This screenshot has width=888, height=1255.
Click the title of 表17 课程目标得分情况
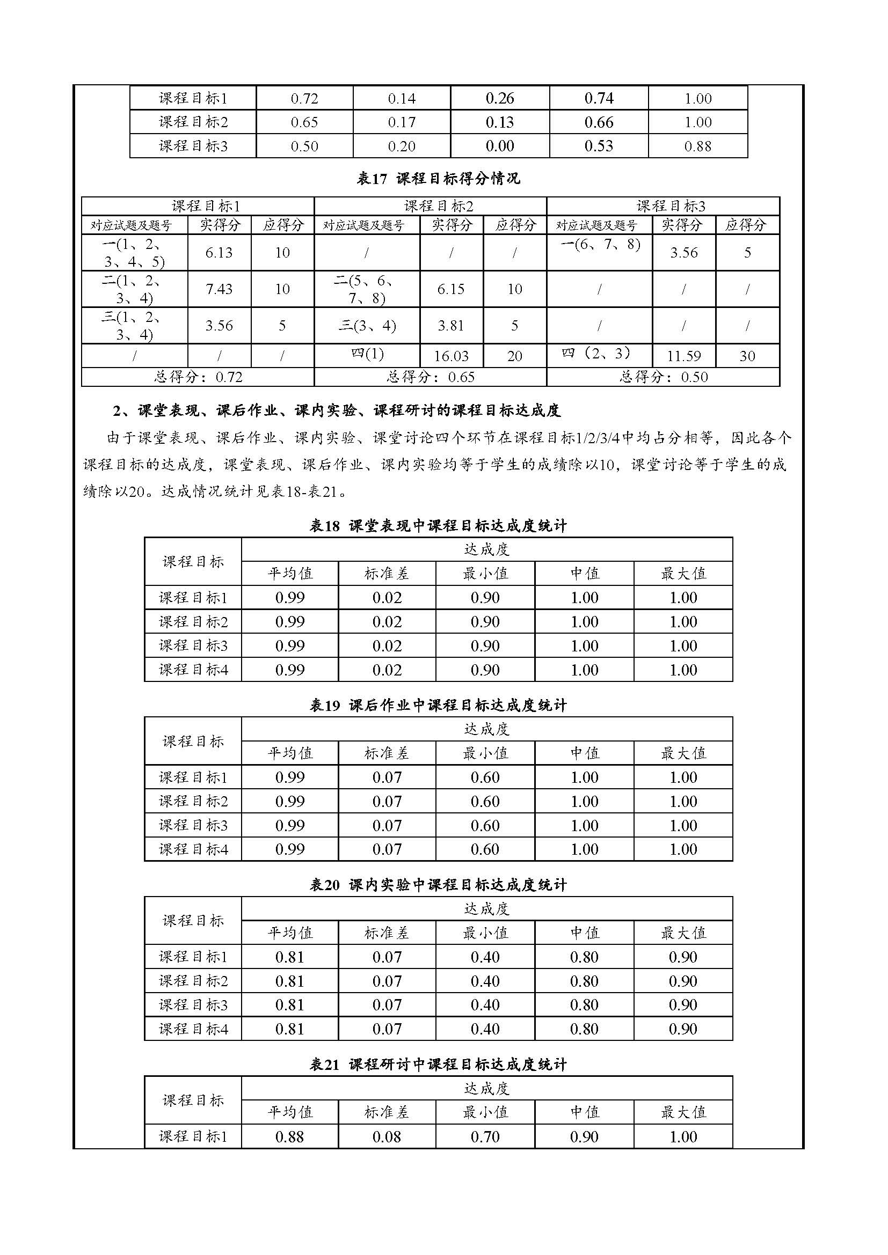[x=439, y=178]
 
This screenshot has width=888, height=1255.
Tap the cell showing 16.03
[x=451, y=356]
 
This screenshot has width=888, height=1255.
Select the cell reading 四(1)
[x=367, y=354]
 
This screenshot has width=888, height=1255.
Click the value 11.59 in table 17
[x=683, y=356]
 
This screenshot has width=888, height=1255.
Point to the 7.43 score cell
[x=219, y=289]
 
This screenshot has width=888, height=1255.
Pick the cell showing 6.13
[x=219, y=253]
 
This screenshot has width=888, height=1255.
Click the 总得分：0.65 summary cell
[x=431, y=377]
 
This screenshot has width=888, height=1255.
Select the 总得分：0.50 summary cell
[x=663, y=377]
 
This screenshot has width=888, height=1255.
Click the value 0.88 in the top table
[x=698, y=146]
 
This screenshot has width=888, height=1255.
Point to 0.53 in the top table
[x=599, y=146]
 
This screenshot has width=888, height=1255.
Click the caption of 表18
[x=439, y=526]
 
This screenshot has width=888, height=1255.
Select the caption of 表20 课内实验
[x=439, y=885]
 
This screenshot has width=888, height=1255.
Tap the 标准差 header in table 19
[x=387, y=753]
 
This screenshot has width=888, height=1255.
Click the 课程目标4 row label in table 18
[x=193, y=670]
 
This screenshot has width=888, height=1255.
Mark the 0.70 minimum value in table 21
[x=485, y=1137]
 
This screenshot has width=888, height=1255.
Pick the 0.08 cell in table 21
[x=387, y=1137]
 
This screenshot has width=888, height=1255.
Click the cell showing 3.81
[x=451, y=326]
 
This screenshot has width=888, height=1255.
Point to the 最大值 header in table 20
[x=683, y=933]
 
